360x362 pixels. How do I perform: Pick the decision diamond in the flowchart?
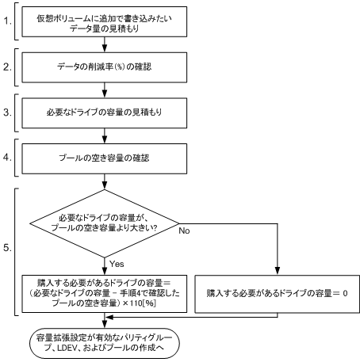105,223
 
